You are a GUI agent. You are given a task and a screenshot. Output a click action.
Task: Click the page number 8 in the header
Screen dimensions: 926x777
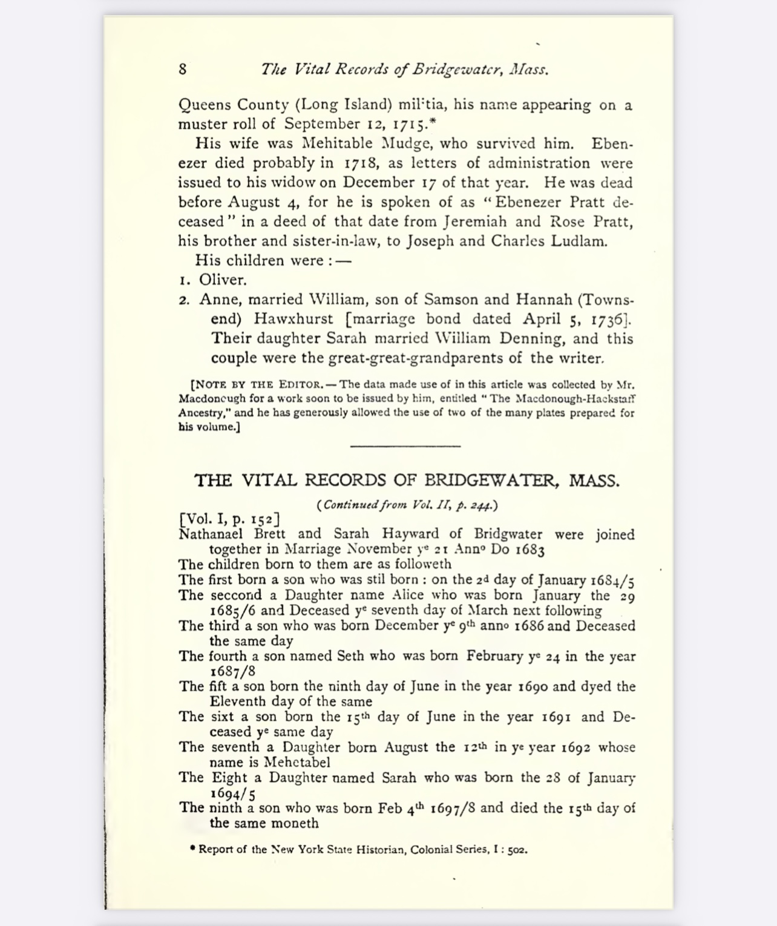coord(183,69)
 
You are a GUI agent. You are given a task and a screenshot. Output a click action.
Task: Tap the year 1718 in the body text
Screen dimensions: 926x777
coord(361,163)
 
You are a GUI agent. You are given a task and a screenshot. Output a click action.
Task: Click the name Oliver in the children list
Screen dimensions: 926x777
coord(223,280)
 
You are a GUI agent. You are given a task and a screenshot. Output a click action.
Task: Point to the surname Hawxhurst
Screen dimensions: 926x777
coord(293,319)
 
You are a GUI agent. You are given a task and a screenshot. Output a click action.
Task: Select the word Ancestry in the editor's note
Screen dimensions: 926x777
coord(202,413)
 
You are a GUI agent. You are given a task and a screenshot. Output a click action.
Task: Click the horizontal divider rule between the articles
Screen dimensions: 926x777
coord(405,446)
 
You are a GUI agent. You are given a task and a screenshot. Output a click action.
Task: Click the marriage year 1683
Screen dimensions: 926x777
coord(530,550)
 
